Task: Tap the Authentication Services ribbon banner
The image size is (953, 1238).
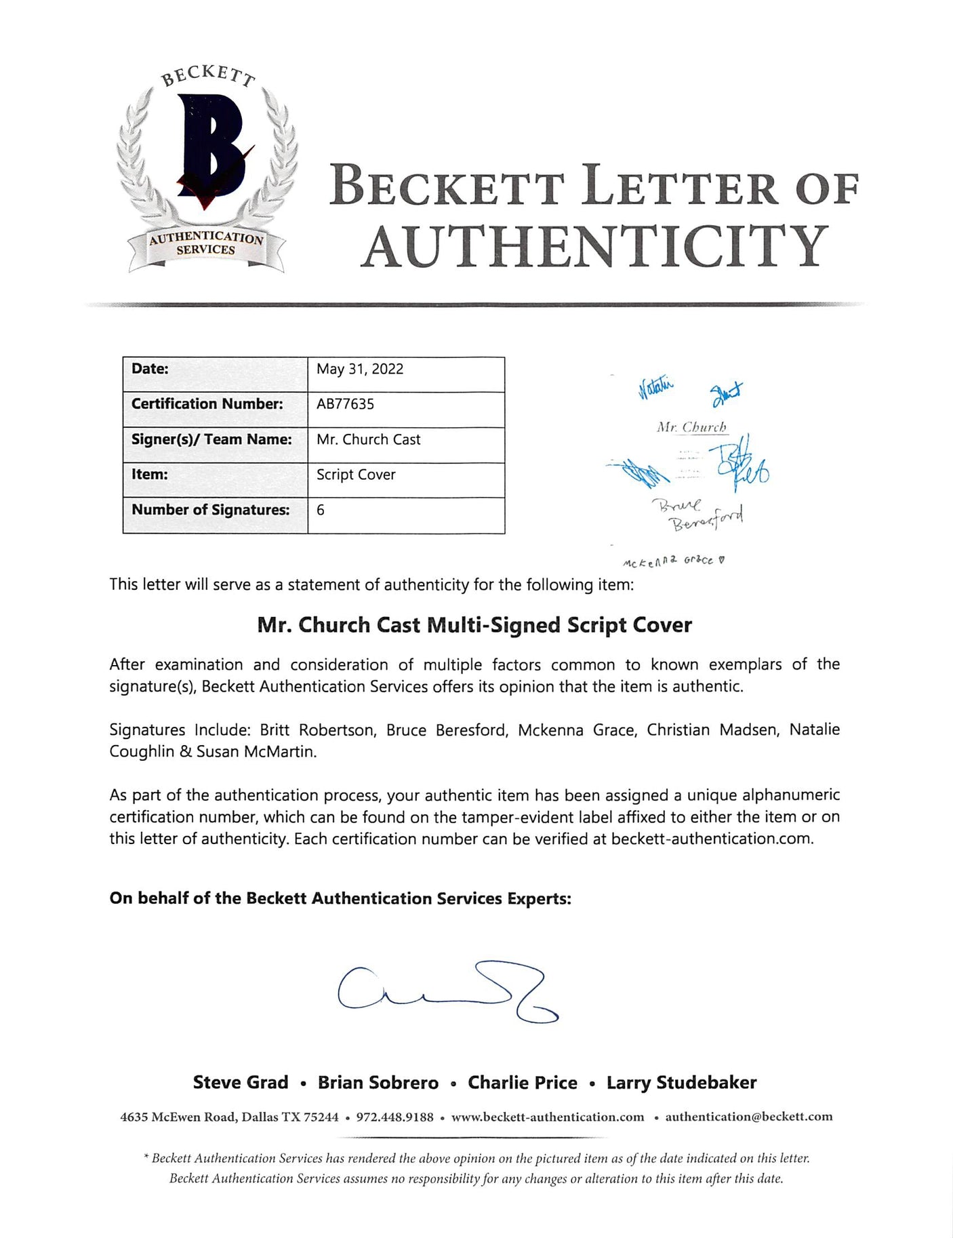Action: click(x=206, y=243)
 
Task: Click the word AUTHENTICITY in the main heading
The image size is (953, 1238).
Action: click(x=594, y=246)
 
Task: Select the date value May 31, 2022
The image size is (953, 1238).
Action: click(x=360, y=369)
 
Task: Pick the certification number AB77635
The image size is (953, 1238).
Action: click(x=345, y=404)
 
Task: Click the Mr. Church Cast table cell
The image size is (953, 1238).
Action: click(x=368, y=439)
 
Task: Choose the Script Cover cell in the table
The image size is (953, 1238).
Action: click(x=356, y=475)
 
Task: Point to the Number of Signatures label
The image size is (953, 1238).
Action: click(x=210, y=510)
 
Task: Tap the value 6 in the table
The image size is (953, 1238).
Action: click(x=321, y=510)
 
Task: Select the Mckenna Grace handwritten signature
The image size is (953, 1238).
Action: click(x=674, y=562)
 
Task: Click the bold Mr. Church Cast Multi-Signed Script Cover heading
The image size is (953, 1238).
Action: click(x=474, y=624)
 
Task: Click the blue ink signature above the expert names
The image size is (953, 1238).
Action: click(x=447, y=992)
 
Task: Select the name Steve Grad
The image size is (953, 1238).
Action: click(x=241, y=1083)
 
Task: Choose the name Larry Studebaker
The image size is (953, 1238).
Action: click(x=681, y=1083)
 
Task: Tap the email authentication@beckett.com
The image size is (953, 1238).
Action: click(x=748, y=1117)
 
